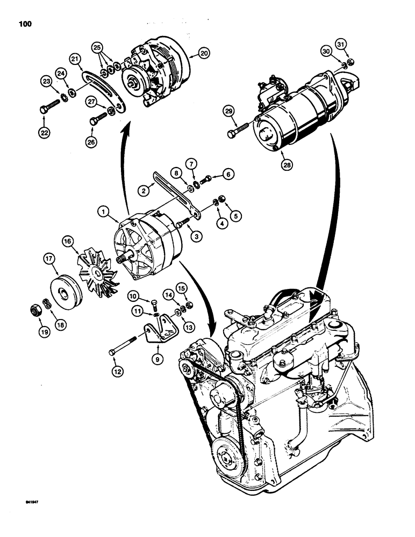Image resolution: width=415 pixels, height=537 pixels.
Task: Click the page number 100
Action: click(25, 24)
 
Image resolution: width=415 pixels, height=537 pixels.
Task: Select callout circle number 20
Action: click(204, 53)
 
